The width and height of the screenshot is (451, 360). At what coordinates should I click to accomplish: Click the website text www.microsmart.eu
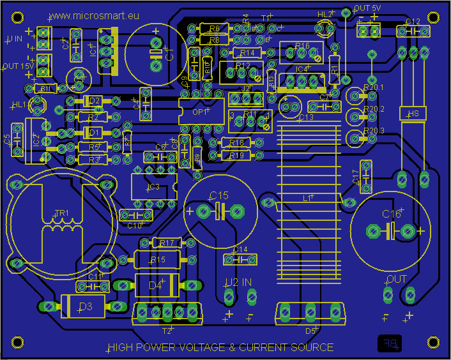[94, 15]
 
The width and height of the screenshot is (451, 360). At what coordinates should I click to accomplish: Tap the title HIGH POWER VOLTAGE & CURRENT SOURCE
[220, 347]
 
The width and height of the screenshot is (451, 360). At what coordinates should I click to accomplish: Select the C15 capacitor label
[218, 195]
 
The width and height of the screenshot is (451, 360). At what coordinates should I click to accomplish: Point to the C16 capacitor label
[392, 214]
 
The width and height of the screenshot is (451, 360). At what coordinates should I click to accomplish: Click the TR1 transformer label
[62, 213]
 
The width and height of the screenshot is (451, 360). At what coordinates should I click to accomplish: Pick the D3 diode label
[84, 307]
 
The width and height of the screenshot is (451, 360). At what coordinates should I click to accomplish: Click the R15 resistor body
[157, 260]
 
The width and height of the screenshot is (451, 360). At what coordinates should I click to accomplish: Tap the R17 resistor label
[167, 243]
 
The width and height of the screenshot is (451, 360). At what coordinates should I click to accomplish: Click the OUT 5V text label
[367, 8]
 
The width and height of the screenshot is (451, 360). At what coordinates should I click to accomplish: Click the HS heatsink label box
[413, 114]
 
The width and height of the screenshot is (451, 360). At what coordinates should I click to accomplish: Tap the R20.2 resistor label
[374, 109]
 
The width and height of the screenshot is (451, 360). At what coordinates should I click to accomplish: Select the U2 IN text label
[238, 281]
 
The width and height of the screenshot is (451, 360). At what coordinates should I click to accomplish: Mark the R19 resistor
[236, 155]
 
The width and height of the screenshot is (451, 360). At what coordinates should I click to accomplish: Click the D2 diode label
[95, 101]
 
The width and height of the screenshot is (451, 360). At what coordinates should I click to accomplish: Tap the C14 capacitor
[240, 259]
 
